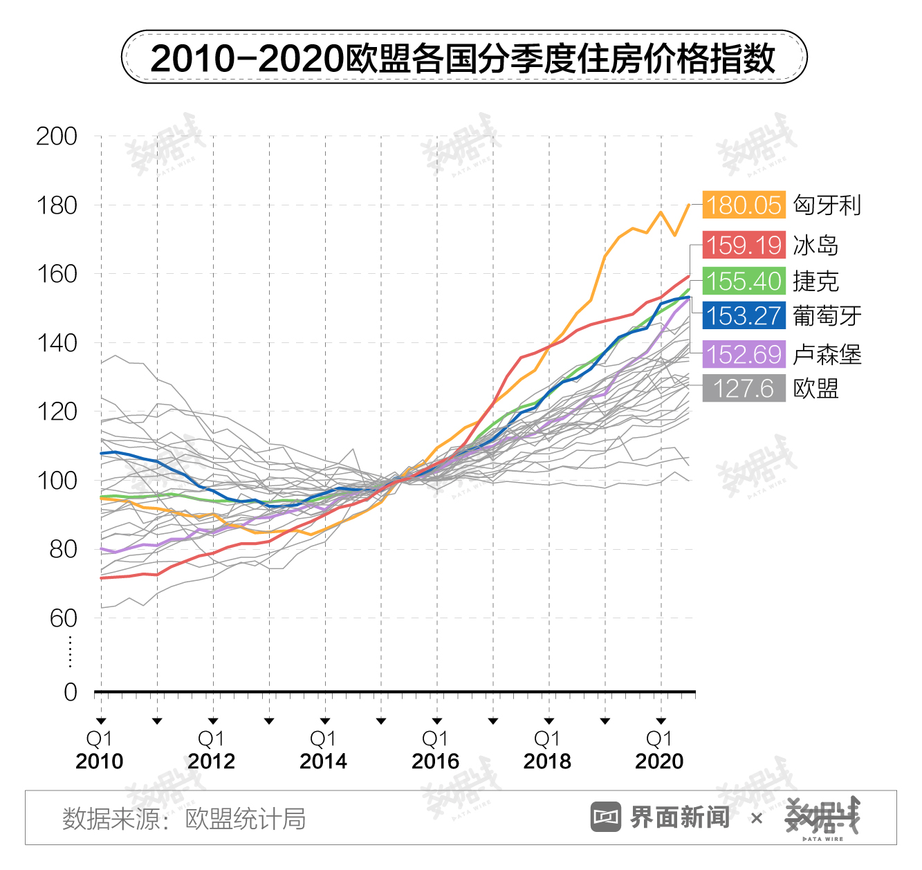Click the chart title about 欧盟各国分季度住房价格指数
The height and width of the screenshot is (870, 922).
463,57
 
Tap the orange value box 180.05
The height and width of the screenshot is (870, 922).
744,205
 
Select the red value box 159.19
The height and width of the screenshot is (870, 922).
744,246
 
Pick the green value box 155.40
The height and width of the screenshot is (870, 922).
744,281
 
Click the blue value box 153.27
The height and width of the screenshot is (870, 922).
744,316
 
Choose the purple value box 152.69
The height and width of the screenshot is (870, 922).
744,355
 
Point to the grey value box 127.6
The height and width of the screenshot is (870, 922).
744,389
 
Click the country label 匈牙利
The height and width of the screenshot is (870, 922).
827,205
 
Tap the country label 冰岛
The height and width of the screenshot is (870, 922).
816,246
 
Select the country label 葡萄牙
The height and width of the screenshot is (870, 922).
827,316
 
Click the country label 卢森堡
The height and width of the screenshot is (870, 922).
827,355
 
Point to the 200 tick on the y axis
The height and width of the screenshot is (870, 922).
57,136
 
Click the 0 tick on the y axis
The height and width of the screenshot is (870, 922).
71,692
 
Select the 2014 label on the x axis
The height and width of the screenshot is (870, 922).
324,761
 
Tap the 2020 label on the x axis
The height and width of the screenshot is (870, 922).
660,761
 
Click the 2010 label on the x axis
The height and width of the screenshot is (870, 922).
100,761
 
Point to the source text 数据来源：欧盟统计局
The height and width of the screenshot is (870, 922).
184,819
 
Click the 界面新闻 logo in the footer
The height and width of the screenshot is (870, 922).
661,817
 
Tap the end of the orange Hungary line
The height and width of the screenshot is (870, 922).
689,205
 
